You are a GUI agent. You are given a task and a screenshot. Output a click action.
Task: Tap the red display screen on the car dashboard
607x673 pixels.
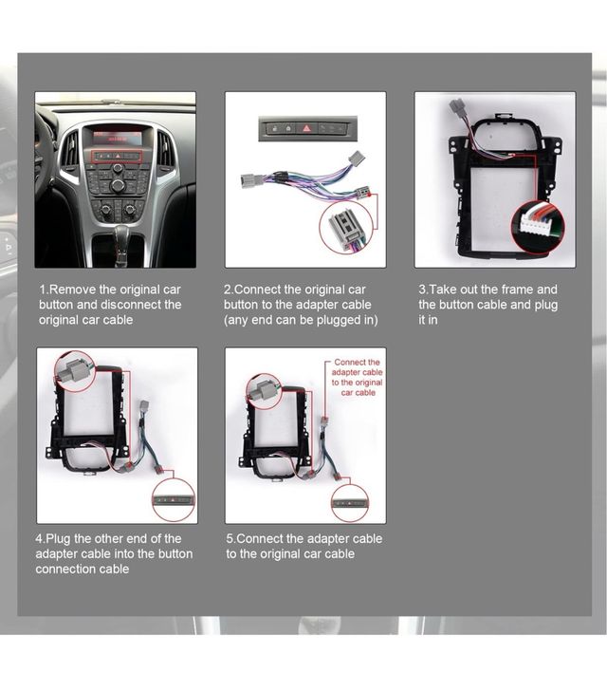(x=118, y=137)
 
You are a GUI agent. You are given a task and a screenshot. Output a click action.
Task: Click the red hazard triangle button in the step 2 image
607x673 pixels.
(x=305, y=126)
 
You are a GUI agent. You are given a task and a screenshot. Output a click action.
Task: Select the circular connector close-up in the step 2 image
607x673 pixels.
(x=347, y=226)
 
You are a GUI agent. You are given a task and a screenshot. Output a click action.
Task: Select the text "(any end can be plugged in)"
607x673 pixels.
(x=301, y=320)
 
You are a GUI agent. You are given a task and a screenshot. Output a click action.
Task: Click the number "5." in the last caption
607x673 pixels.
(x=232, y=538)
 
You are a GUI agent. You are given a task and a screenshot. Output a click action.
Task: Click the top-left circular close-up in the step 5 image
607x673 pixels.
(x=264, y=391)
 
